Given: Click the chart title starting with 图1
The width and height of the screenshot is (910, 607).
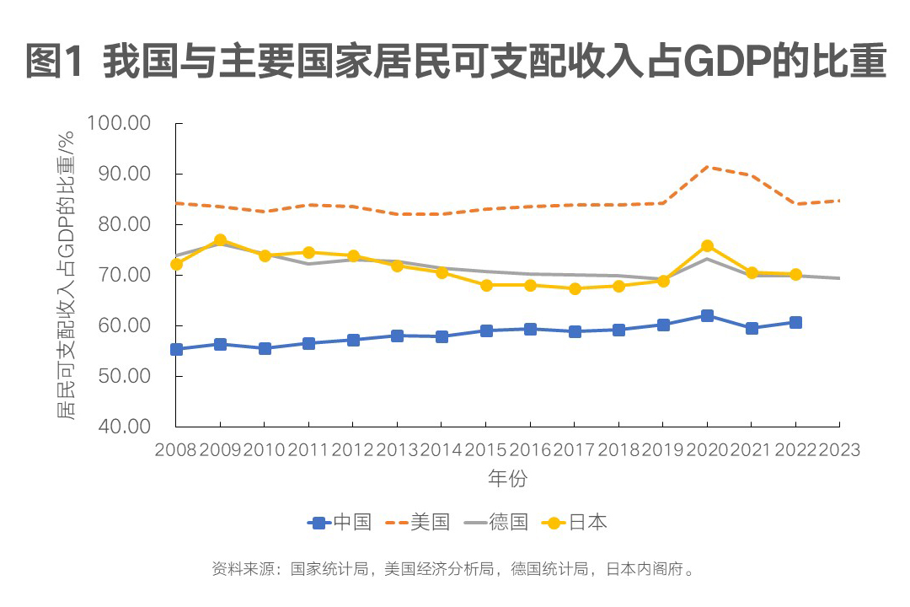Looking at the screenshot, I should point(455,63).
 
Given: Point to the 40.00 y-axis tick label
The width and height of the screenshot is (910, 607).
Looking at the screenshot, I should point(125,427).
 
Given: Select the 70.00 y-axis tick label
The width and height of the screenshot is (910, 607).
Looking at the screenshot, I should point(125,276).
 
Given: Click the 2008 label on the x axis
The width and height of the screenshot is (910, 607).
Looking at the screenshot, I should point(175,449).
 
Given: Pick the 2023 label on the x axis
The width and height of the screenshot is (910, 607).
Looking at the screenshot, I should point(839,449).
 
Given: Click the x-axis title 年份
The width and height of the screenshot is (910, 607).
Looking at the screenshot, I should point(507,479).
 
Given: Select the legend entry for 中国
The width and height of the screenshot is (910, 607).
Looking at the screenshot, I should point(340,523).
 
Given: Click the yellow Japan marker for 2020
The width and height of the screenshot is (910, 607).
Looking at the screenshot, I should point(707,246).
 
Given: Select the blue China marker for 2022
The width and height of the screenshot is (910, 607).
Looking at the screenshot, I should point(795,322).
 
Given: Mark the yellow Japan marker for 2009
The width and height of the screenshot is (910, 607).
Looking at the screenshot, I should point(220,240).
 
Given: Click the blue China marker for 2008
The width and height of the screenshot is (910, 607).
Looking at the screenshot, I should point(176,349).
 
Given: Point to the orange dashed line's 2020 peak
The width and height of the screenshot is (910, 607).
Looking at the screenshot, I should point(707,167).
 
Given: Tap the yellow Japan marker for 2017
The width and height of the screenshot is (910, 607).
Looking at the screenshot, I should point(575,288).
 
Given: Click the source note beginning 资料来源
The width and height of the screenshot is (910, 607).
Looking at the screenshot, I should point(455,569).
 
